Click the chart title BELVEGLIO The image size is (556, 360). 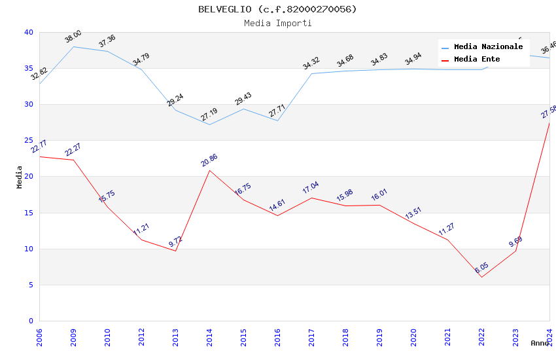coord(277,9)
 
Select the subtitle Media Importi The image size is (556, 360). coord(277,23)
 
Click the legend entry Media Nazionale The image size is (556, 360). coord(488,46)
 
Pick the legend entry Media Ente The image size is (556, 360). coord(476,59)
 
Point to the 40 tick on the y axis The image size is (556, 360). coord(28,32)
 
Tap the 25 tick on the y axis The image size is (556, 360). coord(28,141)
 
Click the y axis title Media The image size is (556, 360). coord(20,177)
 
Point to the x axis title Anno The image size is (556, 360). coord(540,343)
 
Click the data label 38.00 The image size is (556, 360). coord(73,37)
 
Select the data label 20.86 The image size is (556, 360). coord(209,160)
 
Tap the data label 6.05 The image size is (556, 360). coord(481,268)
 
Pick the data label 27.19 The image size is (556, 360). coord(209,115)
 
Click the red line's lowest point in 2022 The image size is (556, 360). coord(481,277)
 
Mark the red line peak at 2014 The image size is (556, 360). coord(209,170)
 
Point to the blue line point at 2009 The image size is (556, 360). coord(73,46)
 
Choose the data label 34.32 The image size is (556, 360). coord(311,63)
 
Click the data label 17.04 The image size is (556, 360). coord(311,188)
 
